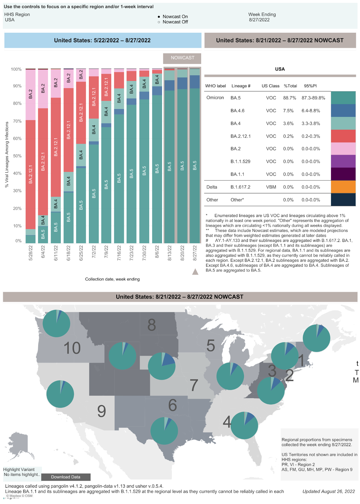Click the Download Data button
tap(66, 477)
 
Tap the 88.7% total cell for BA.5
tap(289, 98)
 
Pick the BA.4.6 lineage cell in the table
tap(237, 111)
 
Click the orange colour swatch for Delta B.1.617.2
tap(343, 187)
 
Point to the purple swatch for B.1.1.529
tap(343, 161)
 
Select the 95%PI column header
tap(310, 86)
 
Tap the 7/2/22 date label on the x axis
tap(94, 253)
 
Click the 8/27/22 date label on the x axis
tap(195, 253)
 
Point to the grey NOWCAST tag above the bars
tap(182, 58)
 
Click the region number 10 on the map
tap(72, 348)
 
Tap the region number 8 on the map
tap(152, 325)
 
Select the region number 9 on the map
tap(102, 411)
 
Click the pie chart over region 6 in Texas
tap(164, 431)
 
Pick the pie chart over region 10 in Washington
tap(56, 324)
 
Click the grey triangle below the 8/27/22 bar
tap(195, 272)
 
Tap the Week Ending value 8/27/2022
tap(259, 20)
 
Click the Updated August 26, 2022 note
tap(328, 491)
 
